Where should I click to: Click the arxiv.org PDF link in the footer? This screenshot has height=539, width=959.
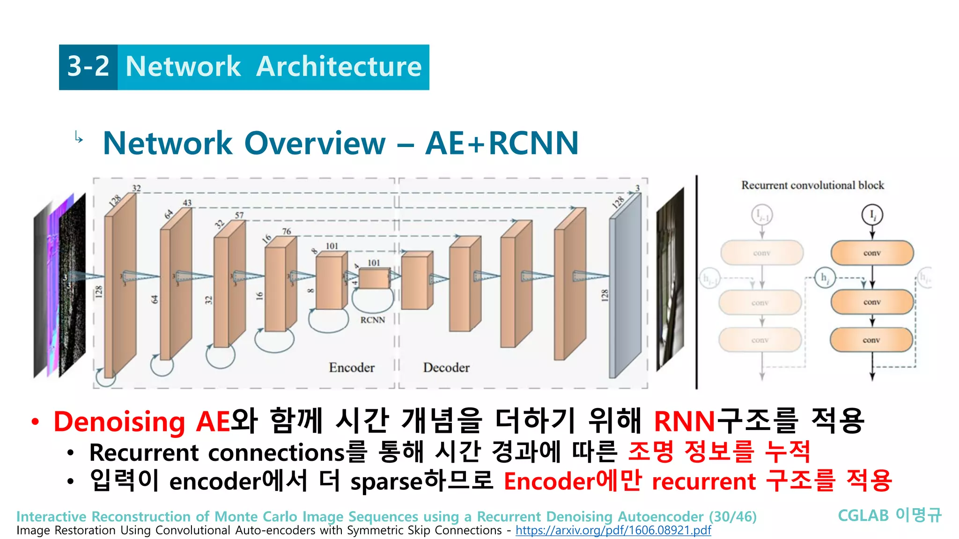[x=613, y=530]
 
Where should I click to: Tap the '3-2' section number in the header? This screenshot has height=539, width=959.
[x=88, y=66]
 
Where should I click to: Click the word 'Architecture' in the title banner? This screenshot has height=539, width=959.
[x=339, y=66]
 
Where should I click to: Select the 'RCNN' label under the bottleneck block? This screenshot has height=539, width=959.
[x=373, y=320]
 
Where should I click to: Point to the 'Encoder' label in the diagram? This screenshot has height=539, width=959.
[x=352, y=368]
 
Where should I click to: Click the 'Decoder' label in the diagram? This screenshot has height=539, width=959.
[x=446, y=368]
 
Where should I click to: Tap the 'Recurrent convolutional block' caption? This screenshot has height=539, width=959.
[x=812, y=185]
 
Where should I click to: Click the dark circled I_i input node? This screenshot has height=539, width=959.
[x=872, y=215]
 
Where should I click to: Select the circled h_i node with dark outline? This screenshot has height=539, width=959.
[x=825, y=277]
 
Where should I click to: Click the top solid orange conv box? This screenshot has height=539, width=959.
[x=872, y=253]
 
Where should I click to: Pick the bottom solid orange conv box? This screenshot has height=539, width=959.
[x=871, y=340]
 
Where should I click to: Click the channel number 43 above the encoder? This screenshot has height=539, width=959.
[x=187, y=203]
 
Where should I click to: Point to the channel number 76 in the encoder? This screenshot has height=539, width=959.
[x=287, y=231]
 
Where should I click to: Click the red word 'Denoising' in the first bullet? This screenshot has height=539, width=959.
[x=120, y=422]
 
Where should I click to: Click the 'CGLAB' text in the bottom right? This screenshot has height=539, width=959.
[x=863, y=516]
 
